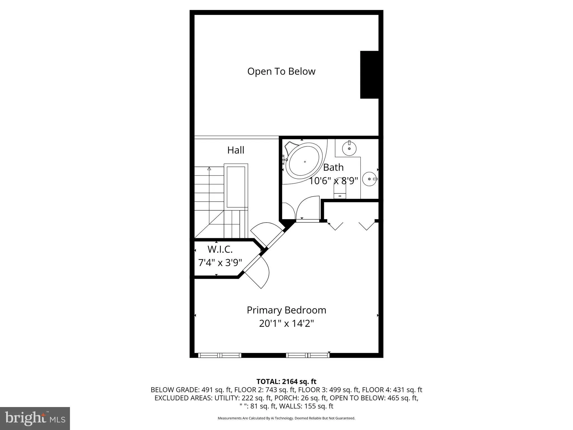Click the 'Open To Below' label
(281, 71)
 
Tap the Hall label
(236, 150)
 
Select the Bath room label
(333, 167)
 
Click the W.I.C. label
(220, 249)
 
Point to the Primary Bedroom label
(286, 310)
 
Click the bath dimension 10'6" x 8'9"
(333, 181)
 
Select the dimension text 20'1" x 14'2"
(286, 324)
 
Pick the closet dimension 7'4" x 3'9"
(220, 263)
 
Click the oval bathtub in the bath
(305, 162)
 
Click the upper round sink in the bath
(349, 148)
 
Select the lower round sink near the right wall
(370, 179)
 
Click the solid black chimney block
(369, 75)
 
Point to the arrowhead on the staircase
(209, 169)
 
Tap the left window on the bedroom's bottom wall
(220, 355)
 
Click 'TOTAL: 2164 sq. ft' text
(286, 381)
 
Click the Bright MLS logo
(35, 419)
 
